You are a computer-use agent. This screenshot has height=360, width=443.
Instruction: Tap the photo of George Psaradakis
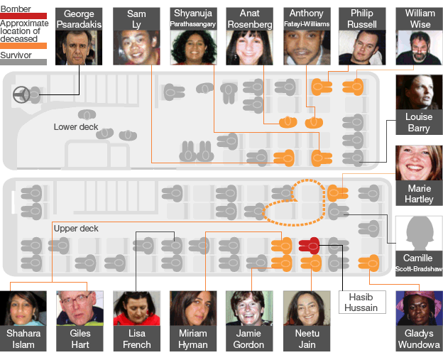pyautogui.click(x=79, y=48)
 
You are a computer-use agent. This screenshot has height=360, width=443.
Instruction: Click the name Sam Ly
pyautogui.click(x=136, y=19)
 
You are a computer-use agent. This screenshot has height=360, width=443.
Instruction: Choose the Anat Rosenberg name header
pyautogui.click(x=250, y=19)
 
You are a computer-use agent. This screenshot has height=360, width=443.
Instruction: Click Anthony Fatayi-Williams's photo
pyautogui.click(x=307, y=48)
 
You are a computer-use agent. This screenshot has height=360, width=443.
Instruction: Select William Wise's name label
pyautogui.click(x=420, y=19)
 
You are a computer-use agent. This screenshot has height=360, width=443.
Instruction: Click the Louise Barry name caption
pyautogui.click(x=419, y=123)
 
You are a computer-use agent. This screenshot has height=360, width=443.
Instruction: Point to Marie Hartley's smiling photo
pyautogui.click(x=419, y=163)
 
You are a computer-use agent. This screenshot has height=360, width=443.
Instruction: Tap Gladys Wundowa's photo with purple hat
pyautogui.click(x=419, y=310)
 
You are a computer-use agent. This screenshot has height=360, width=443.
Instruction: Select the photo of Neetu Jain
pyautogui.click(x=307, y=310)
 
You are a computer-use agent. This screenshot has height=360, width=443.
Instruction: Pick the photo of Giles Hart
pyautogui.click(x=80, y=310)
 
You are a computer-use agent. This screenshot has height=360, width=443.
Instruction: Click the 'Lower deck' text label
pyautogui.click(x=76, y=127)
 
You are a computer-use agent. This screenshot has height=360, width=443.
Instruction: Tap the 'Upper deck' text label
pyautogui.click(x=76, y=229)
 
